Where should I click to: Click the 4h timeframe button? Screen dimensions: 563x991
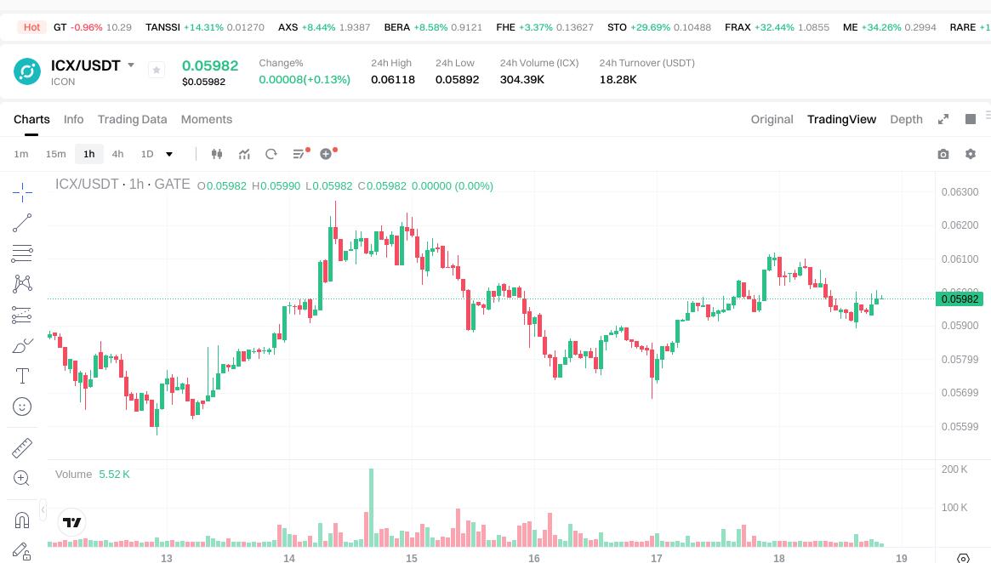pos(117,154)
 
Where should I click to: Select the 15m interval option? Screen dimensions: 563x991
pos(55,154)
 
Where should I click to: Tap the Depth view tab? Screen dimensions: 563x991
pos(906,119)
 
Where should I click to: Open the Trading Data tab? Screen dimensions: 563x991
pos(132,119)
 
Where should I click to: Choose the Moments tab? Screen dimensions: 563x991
pos(207,119)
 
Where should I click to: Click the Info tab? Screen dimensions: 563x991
pos(73,119)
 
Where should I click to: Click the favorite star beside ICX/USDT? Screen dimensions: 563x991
pos(157,70)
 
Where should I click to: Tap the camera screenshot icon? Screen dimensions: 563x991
pos(943,154)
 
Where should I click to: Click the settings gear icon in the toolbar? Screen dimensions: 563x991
pos(970,154)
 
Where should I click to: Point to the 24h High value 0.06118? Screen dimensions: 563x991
pos(393,79)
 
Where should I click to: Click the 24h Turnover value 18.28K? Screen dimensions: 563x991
pos(618,79)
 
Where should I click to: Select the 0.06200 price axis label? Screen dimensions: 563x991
pos(960,225)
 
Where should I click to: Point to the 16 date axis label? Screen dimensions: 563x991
pos(534,559)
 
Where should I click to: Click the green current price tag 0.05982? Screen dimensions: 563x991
pos(960,299)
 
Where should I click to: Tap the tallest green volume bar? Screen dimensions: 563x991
pos(371,507)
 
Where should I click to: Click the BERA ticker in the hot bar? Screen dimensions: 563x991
pos(397,27)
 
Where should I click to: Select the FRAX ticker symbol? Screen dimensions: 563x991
pos(738,27)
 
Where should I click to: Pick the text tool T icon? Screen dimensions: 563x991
pos(22,375)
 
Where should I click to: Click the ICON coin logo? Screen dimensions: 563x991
pos(27,71)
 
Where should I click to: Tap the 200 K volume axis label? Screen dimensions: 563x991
pos(954,469)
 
